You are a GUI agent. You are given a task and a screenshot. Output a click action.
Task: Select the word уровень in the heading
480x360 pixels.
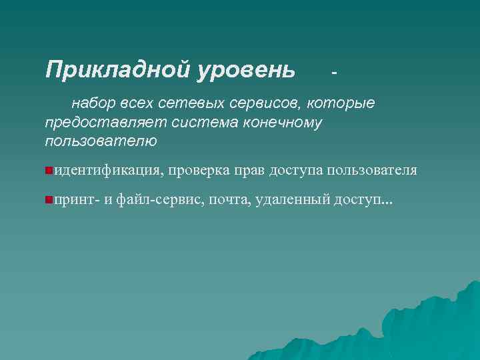(246, 69)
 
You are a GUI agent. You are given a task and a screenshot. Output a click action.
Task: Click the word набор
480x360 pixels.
(93, 104)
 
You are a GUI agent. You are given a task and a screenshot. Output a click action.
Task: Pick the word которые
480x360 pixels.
(341, 104)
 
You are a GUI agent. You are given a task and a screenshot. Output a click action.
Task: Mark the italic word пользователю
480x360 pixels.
(101, 141)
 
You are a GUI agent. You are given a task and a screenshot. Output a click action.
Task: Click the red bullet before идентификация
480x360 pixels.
(49, 171)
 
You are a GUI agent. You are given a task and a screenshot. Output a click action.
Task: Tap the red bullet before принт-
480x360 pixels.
(49, 200)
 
